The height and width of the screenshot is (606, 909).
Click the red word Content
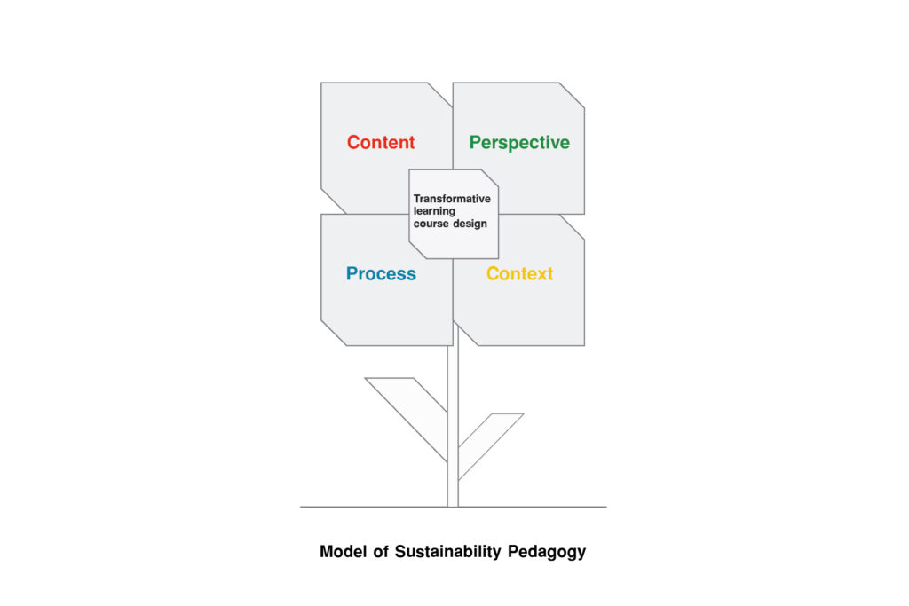pyautogui.click(x=381, y=143)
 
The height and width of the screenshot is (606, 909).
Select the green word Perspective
pyautogui.click(x=519, y=143)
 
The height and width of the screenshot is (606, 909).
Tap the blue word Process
pyautogui.click(x=381, y=274)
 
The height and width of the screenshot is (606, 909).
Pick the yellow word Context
pyautogui.click(x=519, y=274)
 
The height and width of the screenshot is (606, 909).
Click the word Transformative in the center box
pyautogui.click(x=452, y=199)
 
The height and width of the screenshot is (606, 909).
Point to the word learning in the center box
pyautogui.click(x=434, y=211)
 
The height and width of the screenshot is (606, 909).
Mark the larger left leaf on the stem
pyautogui.click(x=408, y=408)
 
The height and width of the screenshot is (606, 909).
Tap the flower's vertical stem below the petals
pyautogui.click(x=453, y=417)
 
